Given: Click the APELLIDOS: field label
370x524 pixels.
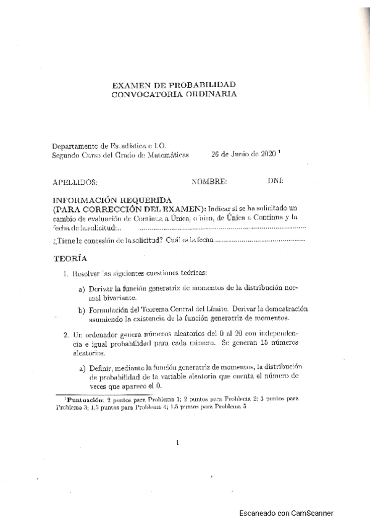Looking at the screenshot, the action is tap(76, 182).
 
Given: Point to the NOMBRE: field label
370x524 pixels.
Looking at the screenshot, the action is tap(209, 182).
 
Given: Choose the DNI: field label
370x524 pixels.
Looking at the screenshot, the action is tap(275, 182).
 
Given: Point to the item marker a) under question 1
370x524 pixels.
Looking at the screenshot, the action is tap(82, 289).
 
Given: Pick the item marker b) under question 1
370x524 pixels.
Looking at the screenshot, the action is tap(82, 309).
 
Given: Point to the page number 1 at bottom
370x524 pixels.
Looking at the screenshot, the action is tap(177, 442).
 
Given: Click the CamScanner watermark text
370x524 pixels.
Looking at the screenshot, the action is tap(287, 513).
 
